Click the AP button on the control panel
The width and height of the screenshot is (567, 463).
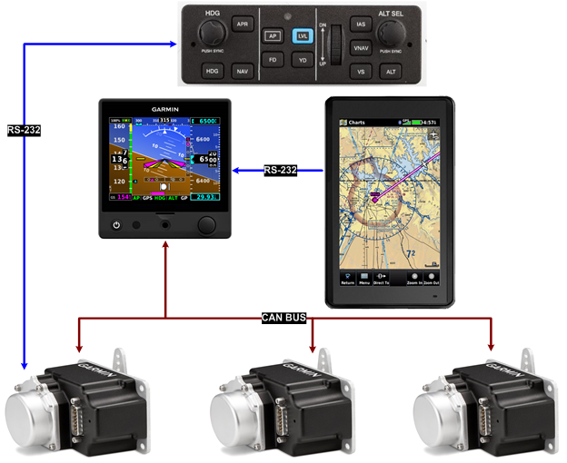271,36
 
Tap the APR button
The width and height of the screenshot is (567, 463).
241,25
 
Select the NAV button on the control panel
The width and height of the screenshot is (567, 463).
241,70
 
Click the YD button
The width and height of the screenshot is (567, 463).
303,60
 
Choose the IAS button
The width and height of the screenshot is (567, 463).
363,25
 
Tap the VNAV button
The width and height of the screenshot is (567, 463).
363,47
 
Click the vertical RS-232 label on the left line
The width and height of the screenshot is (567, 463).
25,130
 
